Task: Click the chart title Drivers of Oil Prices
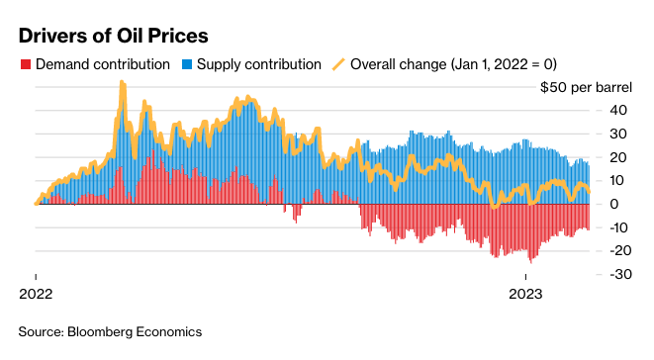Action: coord(114,36)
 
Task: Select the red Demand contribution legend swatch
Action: coord(26,64)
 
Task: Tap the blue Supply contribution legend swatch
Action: coord(187,64)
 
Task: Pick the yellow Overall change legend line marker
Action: coord(338,64)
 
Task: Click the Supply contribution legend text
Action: coord(259,64)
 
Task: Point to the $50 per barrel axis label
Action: coord(586,88)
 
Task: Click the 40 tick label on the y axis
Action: coord(618,111)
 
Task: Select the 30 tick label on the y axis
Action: coord(618,134)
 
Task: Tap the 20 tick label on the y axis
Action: coord(618,157)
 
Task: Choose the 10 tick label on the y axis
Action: coord(618,181)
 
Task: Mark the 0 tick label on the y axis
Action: coord(614,204)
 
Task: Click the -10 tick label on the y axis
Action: coord(618,227)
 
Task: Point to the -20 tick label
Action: coord(618,250)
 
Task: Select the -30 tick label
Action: coord(620,274)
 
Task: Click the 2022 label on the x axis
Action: coord(36,294)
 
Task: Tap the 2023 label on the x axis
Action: coord(525,294)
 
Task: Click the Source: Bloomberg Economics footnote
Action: coord(110,332)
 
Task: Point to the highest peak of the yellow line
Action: coord(123,82)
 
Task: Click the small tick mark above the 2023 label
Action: coord(525,277)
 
